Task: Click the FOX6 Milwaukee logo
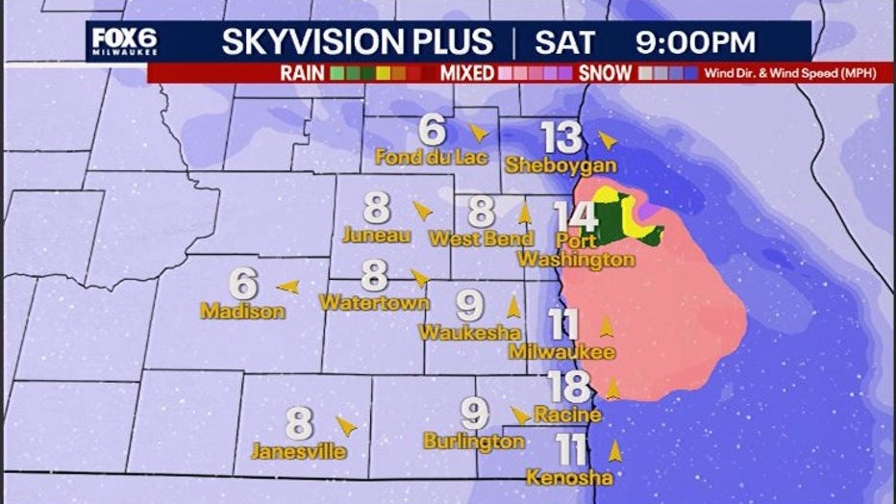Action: [123, 42]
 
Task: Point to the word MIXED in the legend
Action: [467, 73]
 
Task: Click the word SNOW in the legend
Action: [605, 73]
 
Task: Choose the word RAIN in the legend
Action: [302, 73]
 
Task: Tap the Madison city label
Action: [242, 312]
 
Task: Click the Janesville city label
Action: [299, 450]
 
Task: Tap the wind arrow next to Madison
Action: [286, 286]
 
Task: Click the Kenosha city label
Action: [569, 477]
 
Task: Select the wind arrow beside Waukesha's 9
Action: [512, 307]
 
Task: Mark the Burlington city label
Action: [474, 441]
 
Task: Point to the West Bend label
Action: [482, 238]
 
